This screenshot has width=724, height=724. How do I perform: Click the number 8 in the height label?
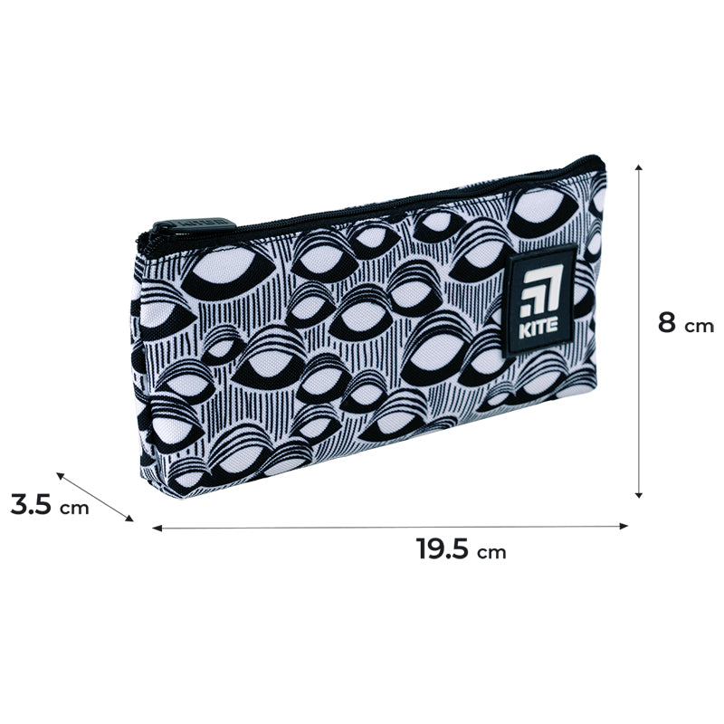coord(668,322)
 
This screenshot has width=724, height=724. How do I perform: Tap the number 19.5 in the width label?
coord(443,548)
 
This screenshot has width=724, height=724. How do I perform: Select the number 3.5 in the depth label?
coord(31,504)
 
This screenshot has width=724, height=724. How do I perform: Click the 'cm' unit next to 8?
coord(699,327)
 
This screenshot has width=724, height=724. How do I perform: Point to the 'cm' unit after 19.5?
coord(491,552)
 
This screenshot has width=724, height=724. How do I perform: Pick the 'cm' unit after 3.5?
coord(74,508)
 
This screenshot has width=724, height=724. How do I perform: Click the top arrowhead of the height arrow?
coord(639,167)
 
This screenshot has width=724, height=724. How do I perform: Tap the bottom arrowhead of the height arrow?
coord(639,494)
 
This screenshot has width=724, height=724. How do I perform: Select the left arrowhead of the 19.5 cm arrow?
coord(157,528)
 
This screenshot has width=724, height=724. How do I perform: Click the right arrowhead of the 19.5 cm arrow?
coord(624,526)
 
